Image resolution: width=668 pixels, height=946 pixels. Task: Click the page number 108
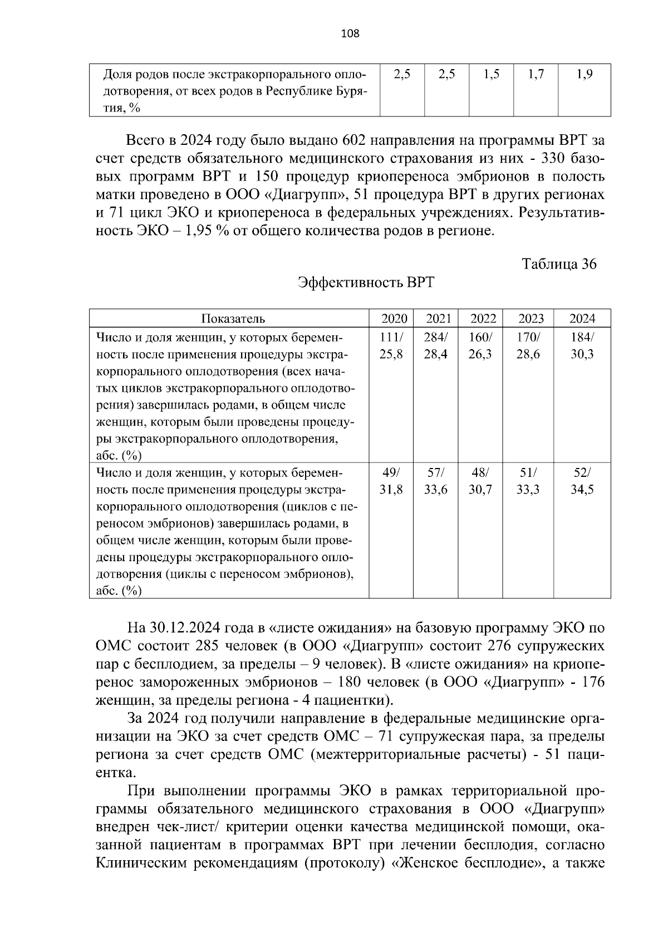point(350,34)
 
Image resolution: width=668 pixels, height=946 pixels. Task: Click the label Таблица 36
point(559,264)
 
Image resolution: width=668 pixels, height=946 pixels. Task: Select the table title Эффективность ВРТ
point(366,282)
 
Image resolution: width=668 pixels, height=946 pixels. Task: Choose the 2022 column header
point(483,319)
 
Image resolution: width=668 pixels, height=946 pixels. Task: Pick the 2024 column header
point(582,319)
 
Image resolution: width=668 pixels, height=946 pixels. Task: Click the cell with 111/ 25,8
point(391,345)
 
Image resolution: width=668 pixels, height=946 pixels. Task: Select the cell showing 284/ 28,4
point(436,345)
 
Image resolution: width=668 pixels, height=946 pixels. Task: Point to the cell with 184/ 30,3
point(582,345)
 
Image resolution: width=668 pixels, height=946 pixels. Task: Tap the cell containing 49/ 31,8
point(391,481)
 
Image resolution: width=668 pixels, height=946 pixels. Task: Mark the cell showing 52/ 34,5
point(582,481)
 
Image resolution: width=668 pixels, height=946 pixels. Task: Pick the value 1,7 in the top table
point(536,74)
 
